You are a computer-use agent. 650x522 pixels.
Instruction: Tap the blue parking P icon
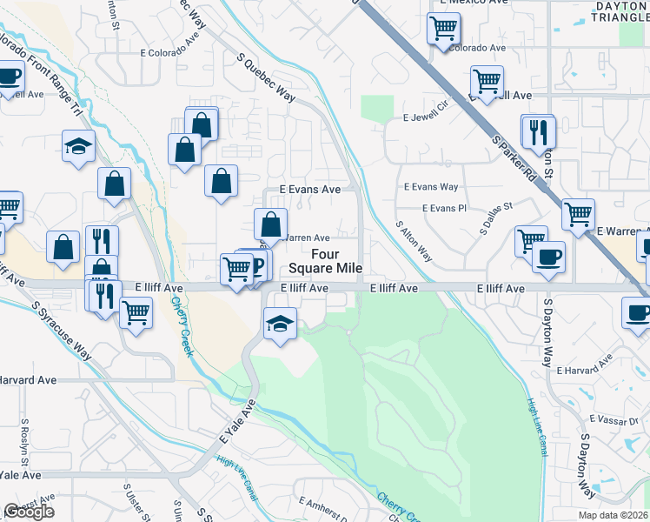point(257,264)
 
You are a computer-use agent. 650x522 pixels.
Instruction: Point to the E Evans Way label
point(431,187)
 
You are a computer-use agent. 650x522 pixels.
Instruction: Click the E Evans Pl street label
point(444,209)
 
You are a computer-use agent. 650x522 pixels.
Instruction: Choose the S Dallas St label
point(498,218)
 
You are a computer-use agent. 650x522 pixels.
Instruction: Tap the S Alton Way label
point(415,240)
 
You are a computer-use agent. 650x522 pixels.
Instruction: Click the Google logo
point(29,512)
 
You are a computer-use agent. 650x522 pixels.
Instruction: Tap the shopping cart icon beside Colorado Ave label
point(443,29)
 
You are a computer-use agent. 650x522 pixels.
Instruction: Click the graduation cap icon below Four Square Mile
point(280,324)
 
